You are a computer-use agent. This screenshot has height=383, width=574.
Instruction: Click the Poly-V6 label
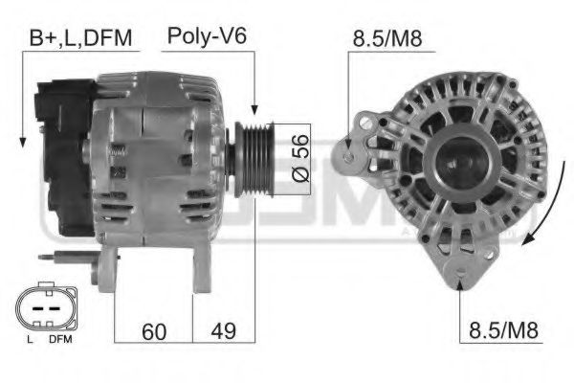208,36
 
